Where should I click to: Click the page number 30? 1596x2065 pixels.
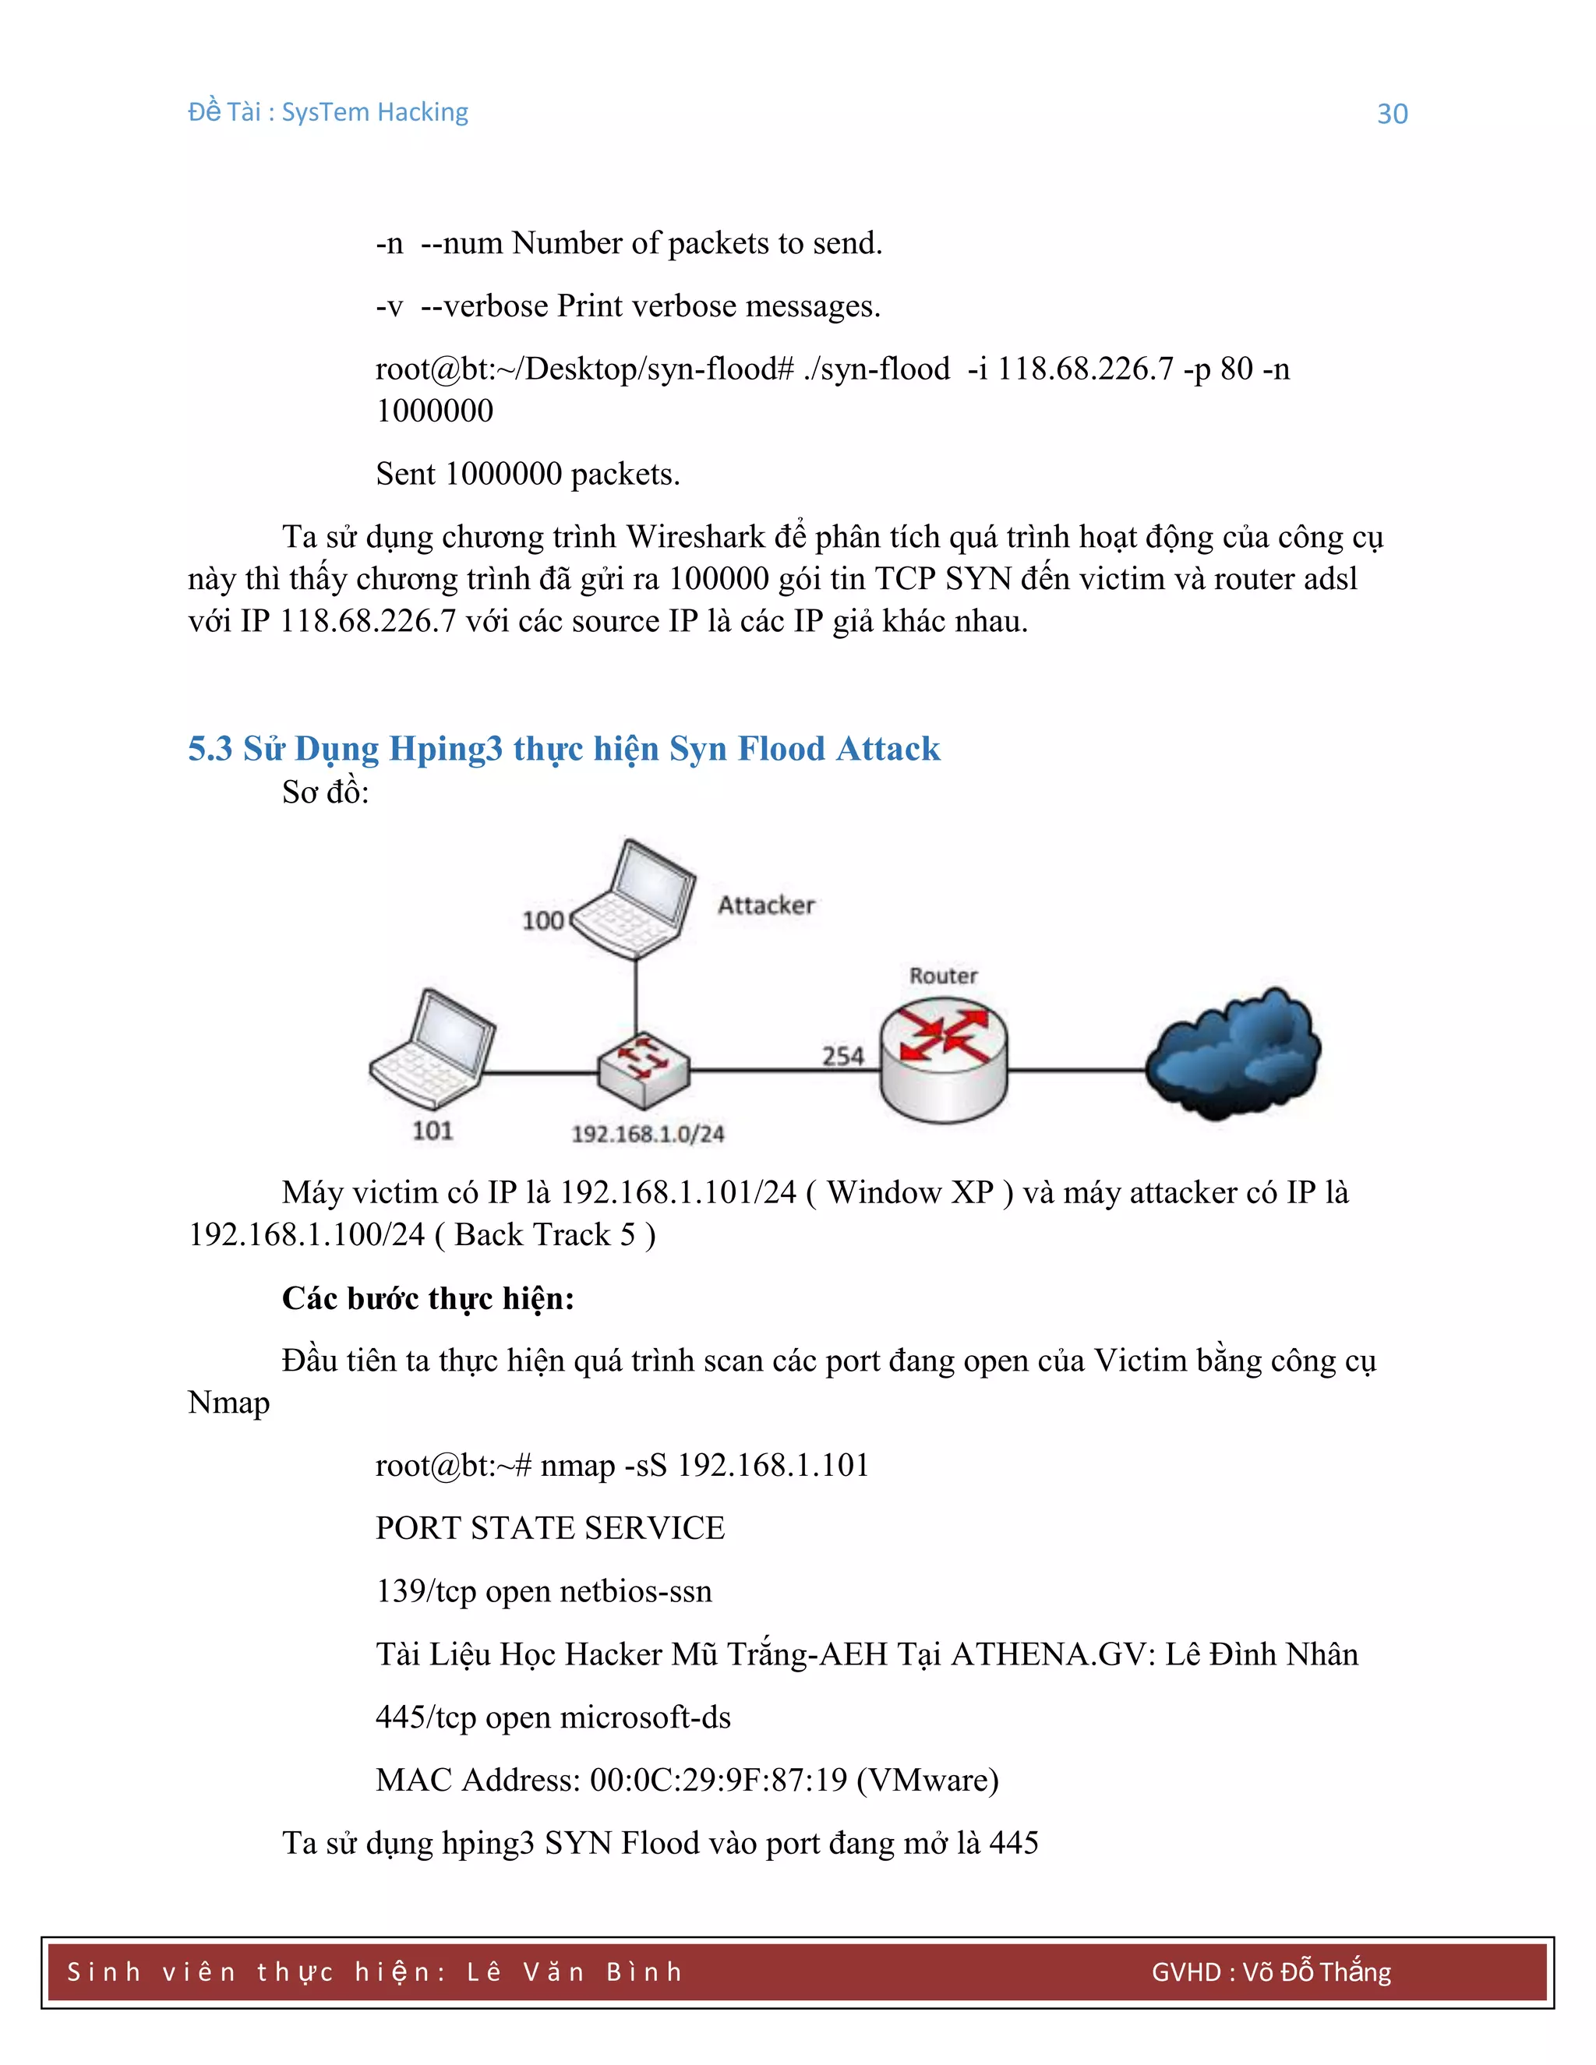click(1392, 114)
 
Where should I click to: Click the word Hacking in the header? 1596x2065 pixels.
click(422, 112)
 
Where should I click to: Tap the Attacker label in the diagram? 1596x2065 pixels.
click(765, 905)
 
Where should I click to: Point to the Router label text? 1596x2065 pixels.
click(943, 976)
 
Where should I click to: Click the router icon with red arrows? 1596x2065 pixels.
click(944, 1061)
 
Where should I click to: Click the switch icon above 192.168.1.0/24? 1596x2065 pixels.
click(644, 1069)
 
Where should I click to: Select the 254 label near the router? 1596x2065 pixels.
click(842, 1056)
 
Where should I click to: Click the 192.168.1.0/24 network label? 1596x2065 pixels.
click(648, 1134)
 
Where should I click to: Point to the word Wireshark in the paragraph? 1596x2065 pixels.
click(695, 537)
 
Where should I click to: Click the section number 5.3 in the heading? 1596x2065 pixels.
click(210, 749)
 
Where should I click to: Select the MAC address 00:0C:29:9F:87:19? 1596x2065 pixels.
click(719, 1781)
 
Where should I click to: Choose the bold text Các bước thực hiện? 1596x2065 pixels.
click(427, 1298)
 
